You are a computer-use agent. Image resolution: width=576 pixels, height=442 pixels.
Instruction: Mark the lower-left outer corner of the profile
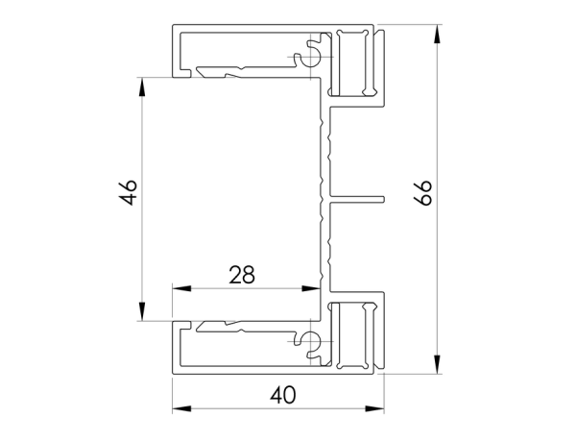174,370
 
